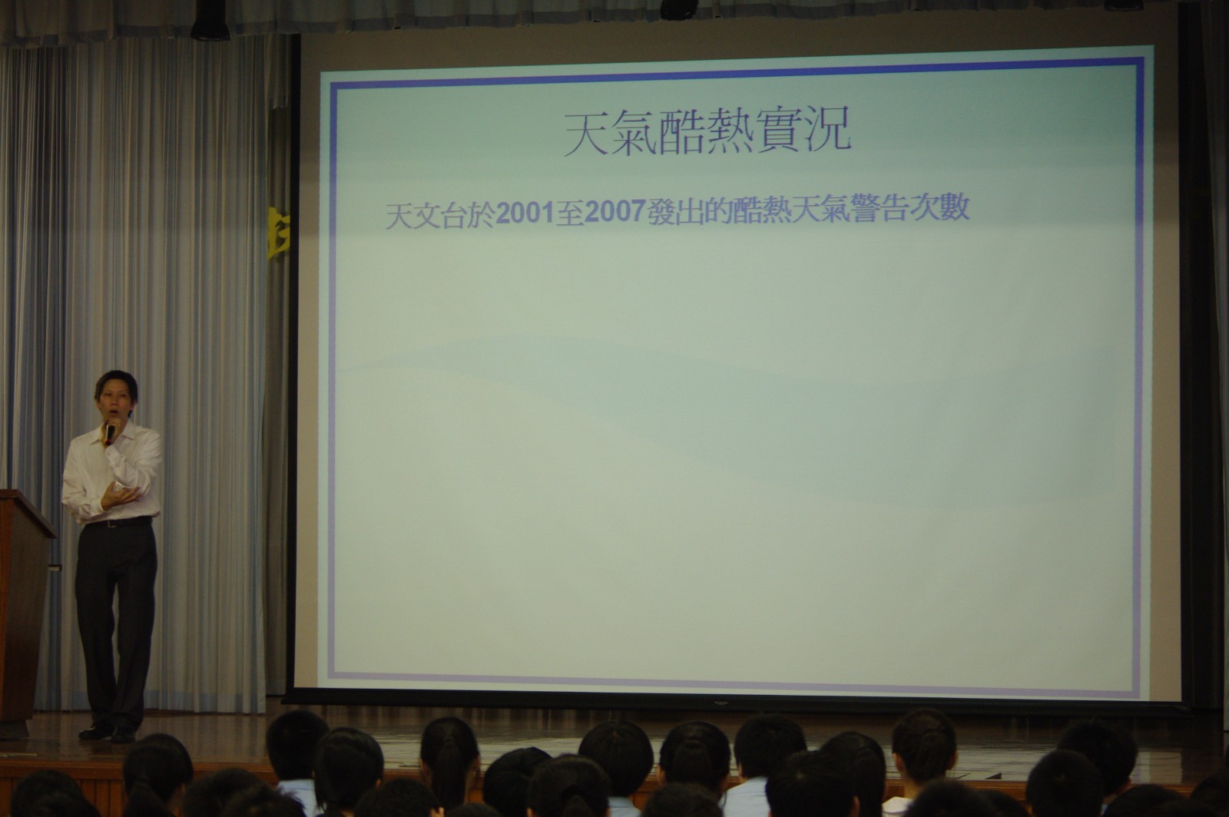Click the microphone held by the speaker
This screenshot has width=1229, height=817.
pyautogui.click(x=111, y=432)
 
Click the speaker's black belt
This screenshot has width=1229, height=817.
pyautogui.click(x=118, y=521)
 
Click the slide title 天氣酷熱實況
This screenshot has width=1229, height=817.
pyautogui.click(x=707, y=134)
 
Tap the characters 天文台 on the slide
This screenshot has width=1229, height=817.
pyautogui.click(x=426, y=216)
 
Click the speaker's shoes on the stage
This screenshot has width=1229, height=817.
pyautogui.click(x=107, y=732)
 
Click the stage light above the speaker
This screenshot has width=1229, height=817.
pyautogui.click(x=210, y=19)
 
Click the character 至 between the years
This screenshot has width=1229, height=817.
pyautogui.click(x=570, y=213)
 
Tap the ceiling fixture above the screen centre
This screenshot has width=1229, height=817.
pyautogui.click(x=679, y=8)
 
